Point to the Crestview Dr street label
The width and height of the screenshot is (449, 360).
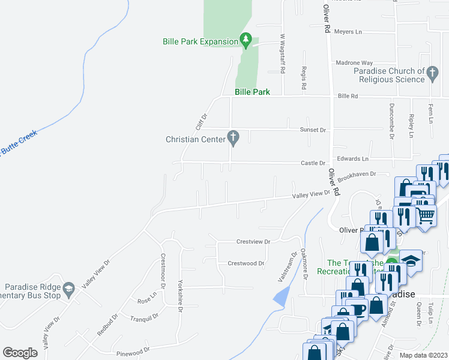click(x=253, y=242)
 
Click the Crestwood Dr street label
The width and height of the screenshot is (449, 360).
click(x=246, y=263)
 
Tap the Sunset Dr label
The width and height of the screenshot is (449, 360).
click(x=313, y=130)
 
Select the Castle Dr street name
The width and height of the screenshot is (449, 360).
click(x=313, y=163)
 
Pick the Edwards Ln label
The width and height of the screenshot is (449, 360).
click(x=352, y=159)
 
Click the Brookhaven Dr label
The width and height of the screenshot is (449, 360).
click(x=356, y=176)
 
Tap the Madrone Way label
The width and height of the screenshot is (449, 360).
click(x=354, y=63)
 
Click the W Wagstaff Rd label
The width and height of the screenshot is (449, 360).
click(x=282, y=53)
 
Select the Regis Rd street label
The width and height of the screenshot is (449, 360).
click(x=304, y=79)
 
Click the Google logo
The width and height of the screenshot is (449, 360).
click(x=20, y=352)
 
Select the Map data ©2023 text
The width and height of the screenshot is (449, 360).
click(x=423, y=355)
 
